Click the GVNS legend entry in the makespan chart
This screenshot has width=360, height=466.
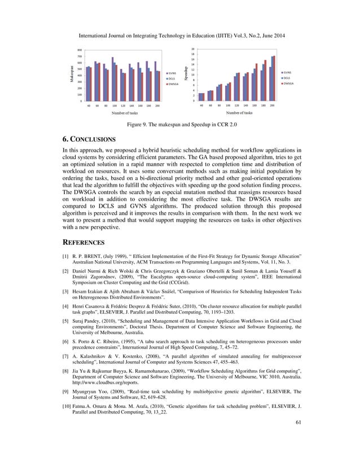(x=172, y=73)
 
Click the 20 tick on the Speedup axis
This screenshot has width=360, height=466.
(x=193, y=49)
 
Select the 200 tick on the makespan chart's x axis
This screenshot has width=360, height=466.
(x=157, y=105)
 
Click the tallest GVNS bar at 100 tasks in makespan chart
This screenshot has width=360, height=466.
(x=112, y=80)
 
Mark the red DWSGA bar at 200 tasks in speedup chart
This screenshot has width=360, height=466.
(x=275, y=78)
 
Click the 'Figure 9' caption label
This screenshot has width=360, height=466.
(x=138, y=125)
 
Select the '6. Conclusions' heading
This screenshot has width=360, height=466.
(x=89, y=139)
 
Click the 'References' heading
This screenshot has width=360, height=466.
(x=84, y=243)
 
